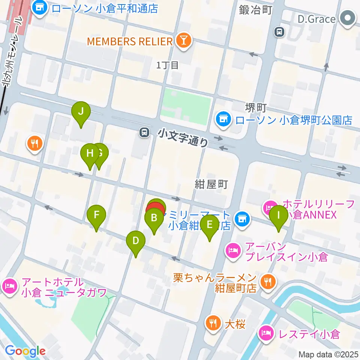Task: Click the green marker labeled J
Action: pos(81,111)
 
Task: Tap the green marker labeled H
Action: pos(90,153)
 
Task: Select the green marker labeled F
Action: pos(96,215)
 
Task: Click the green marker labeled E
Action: pos(209,225)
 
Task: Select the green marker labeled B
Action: pos(154,218)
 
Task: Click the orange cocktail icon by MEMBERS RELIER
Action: pos(184,41)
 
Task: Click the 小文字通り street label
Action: pos(183,137)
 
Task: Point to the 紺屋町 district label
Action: pos(211,184)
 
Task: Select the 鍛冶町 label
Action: pos(255,10)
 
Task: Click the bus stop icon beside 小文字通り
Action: pos(144,132)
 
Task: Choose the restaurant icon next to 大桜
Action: pos(213,324)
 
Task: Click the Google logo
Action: pos(25,351)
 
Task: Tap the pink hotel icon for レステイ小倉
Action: pos(266,333)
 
